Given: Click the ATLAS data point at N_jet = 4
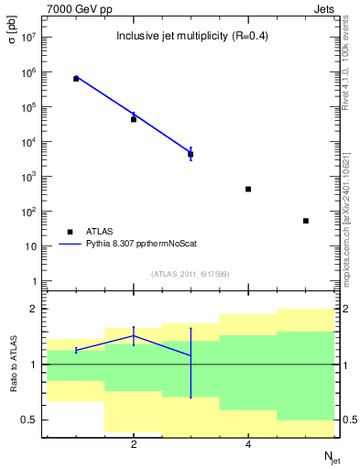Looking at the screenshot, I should [248, 189].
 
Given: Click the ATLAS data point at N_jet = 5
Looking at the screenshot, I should [306, 221].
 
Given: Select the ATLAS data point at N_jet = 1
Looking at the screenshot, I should [76, 79].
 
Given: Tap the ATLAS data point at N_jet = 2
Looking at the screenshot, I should [134, 119].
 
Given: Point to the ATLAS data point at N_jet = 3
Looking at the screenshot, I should [191, 154].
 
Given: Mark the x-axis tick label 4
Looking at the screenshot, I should [248, 445].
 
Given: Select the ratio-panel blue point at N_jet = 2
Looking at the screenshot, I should [134, 336].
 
